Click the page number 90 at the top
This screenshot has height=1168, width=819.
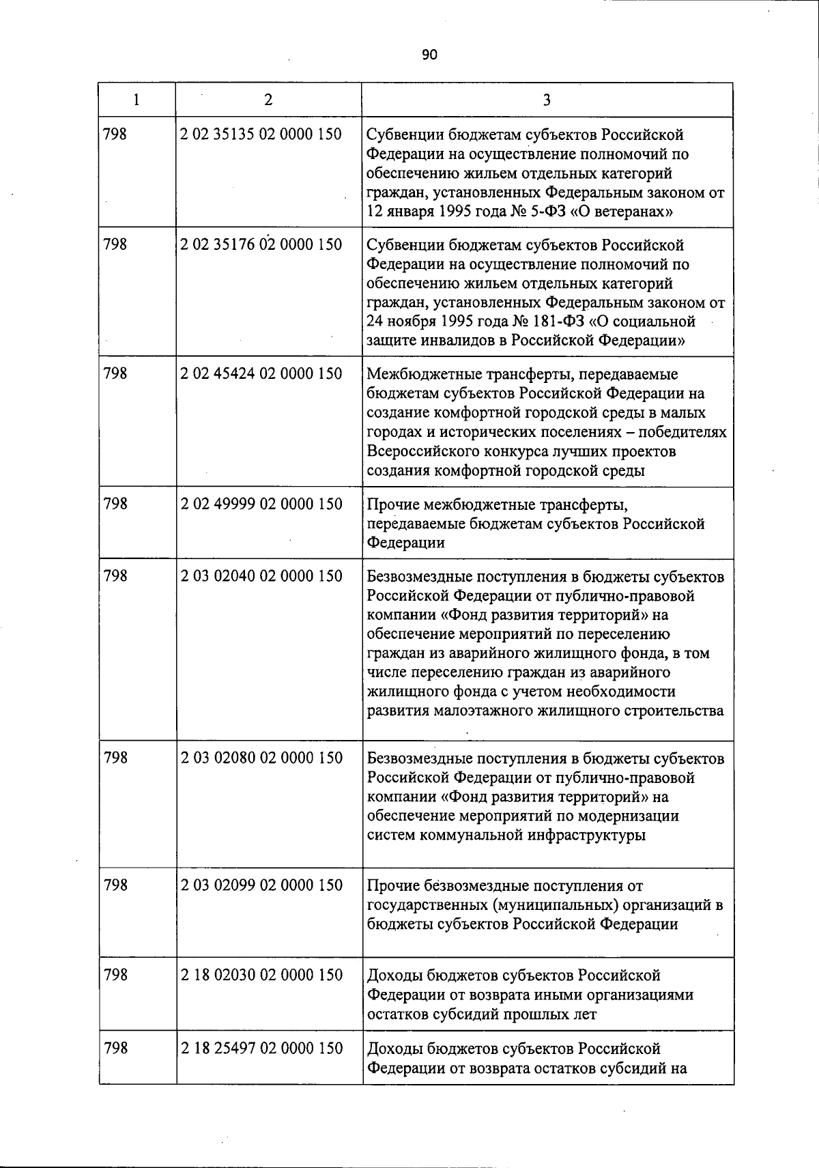point(429,55)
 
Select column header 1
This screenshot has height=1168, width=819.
point(136,100)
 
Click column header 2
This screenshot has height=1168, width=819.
point(268,100)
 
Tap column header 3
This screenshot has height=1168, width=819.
point(547,100)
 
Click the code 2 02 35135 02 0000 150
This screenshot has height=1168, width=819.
point(261,134)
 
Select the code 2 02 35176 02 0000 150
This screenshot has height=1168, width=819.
point(261,244)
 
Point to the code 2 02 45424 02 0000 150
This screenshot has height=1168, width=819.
point(261,373)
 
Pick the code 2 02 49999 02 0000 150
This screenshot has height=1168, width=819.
point(261,504)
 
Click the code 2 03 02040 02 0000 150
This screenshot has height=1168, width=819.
point(261,576)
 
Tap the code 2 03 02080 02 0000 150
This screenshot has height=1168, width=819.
point(261,758)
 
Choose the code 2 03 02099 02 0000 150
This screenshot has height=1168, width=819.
point(261,885)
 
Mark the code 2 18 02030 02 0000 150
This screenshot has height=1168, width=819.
point(261,975)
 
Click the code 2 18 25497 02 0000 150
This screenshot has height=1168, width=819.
point(261,1048)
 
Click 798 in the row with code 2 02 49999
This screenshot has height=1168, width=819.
point(115,504)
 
